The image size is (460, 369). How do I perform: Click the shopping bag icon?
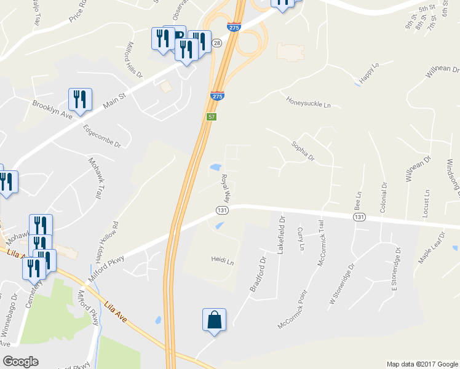(x=214, y=320)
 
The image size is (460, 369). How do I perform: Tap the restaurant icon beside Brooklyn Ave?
(x=80, y=98)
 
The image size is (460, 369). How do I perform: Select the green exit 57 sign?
(x=211, y=117)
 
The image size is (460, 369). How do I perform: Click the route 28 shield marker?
(x=217, y=43)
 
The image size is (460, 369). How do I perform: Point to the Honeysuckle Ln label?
(x=308, y=101)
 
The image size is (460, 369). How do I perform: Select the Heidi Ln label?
(x=223, y=261)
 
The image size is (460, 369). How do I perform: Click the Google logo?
(x=20, y=362)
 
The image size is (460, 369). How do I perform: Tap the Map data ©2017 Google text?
(x=421, y=364)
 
